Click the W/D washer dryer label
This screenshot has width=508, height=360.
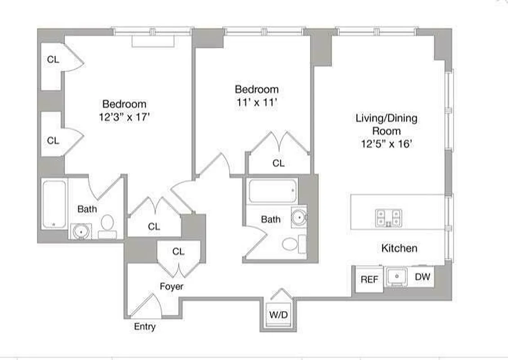pyautogui.click(x=278, y=315)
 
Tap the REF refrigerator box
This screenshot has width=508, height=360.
pyautogui.click(x=370, y=279)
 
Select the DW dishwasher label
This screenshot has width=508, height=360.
pyautogui.click(x=422, y=277)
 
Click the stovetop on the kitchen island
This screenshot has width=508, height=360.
pyautogui.click(x=389, y=218)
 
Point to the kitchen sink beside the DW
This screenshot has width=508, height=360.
pyautogui.click(x=397, y=276)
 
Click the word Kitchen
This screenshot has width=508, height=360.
pyautogui.click(x=399, y=248)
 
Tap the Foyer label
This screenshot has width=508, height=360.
pyautogui.click(x=172, y=286)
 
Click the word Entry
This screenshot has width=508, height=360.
pyautogui.click(x=145, y=327)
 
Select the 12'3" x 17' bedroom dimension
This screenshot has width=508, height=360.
pyautogui.click(x=124, y=117)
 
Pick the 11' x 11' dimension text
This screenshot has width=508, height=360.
pyautogui.click(x=256, y=103)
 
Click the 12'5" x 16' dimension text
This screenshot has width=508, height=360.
pyautogui.click(x=386, y=144)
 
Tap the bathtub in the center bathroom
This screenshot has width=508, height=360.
pyautogui.click(x=272, y=192)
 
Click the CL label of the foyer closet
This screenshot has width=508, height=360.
pyautogui.click(x=178, y=252)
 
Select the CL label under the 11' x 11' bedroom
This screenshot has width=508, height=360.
pyautogui.click(x=278, y=163)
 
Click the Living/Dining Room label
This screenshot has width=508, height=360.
pyautogui.click(x=386, y=125)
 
